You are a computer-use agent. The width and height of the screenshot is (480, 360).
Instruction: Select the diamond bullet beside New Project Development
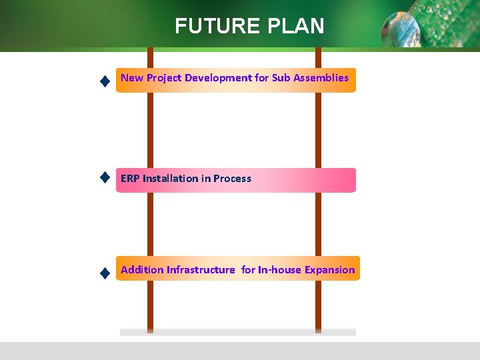(104, 81)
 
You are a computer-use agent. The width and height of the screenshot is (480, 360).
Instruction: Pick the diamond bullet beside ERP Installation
(104, 177)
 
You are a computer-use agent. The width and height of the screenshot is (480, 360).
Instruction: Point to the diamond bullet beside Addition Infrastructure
(104, 272)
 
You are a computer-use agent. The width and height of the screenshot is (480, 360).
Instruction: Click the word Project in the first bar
(164, 78)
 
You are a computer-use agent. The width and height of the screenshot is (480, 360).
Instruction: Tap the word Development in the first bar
(218, 78)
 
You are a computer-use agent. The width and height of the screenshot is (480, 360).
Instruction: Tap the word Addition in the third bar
(142, 270)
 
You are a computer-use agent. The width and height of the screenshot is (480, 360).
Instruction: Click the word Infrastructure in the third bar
(201, 270)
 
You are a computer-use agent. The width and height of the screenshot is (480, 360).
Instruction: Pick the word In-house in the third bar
(279, 270)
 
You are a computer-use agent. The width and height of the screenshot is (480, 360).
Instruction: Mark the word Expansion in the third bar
(329, 270)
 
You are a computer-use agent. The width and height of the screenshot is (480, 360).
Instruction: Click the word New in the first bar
(132, 78)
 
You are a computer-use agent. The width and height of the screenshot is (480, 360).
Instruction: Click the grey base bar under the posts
(237, 331)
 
